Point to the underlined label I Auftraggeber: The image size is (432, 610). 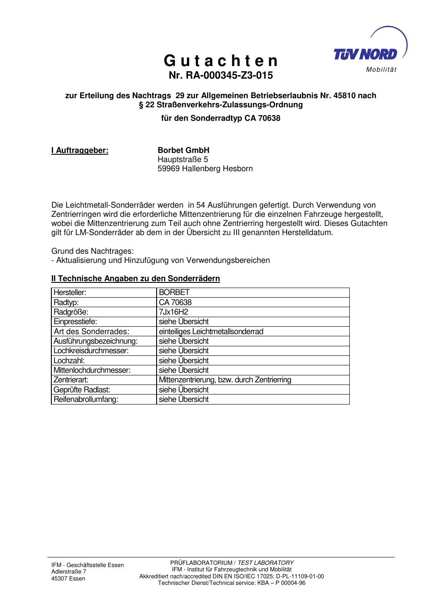click(x=80, y=150)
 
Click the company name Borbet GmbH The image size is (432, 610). click(x=183, y=150)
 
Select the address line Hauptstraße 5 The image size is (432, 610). click(x=183, y=159)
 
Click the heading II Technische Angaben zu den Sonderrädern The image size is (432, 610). click(x=135, y=278)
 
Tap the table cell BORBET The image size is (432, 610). click(x=174, y=292)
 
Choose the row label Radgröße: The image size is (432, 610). click(x=71, y=312)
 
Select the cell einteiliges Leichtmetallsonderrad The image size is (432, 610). click(x=211, y=332)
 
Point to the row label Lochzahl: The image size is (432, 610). click(x=69, y=361)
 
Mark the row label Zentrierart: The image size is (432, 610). click(x=71, y=380)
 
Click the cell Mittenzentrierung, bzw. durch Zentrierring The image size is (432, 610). click(x=225, y=380)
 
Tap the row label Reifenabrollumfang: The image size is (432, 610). click(x=86, y=400)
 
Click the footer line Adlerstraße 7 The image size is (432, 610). click(x=69, y=572)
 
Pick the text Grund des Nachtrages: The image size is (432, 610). click(x=93, y=251)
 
